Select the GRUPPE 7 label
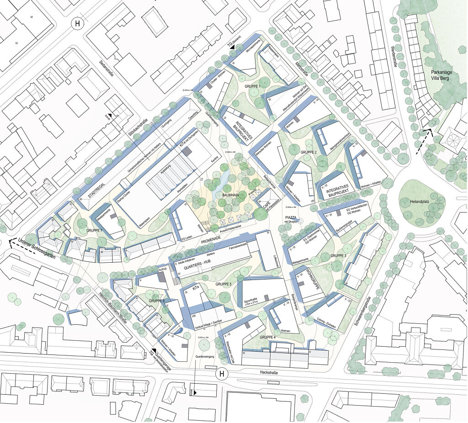pos(96,231)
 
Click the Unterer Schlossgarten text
pos(37,249)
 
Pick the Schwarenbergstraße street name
pos(362,311)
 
